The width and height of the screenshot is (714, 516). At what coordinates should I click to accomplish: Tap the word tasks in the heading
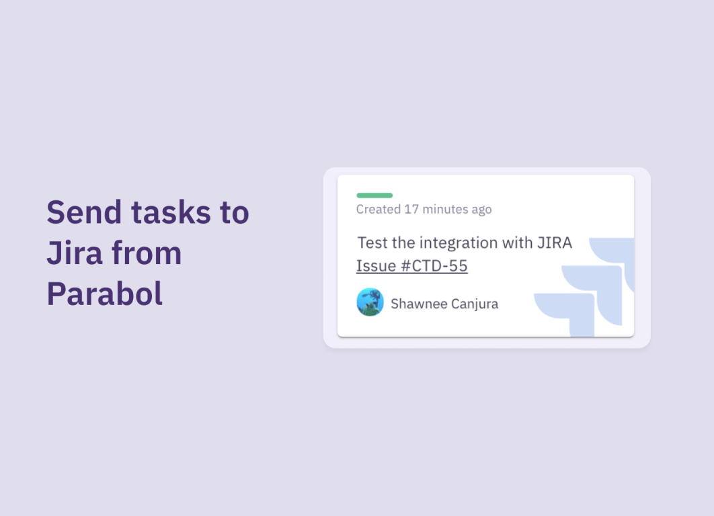point(171,212)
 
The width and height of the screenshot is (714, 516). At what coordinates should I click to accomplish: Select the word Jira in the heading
point(74,253)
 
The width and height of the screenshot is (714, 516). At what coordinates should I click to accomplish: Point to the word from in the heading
point(147,253)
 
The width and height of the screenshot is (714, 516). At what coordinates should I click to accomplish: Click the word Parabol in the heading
point(104,294)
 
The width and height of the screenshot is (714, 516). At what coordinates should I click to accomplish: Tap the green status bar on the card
point(374,196)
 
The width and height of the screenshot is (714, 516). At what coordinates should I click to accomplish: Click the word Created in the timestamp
point(379,210)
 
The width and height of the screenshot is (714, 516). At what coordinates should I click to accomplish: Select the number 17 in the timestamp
point(411,210)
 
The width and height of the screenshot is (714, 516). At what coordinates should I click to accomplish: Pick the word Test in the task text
point(372,243)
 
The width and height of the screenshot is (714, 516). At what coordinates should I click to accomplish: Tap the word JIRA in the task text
point(555,243)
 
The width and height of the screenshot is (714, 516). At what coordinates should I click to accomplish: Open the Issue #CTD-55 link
point(411,266)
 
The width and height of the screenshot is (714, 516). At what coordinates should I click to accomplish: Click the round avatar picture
point(370,302)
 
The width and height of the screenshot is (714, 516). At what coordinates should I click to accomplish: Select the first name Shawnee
point(418,304)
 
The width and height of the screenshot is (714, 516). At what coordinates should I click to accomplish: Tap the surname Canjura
point(475,304)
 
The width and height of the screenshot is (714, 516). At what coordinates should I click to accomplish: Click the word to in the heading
point(235,213)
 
